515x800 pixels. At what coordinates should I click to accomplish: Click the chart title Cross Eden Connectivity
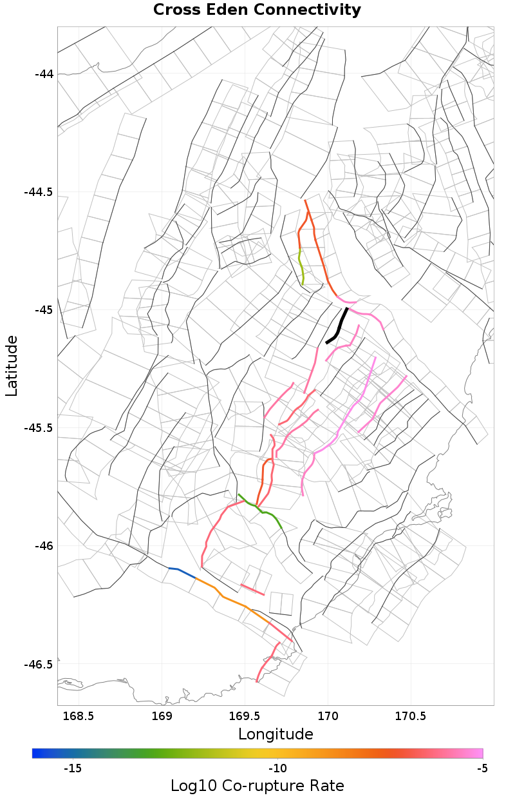tap(257, 10)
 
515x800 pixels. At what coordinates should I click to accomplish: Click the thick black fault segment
tap(337, 327)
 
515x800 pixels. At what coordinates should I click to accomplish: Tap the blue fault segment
tap(182, 572)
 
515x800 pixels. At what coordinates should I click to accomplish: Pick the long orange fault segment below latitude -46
tap(232, 601)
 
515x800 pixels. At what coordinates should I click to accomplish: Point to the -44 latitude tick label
tap(44, 73)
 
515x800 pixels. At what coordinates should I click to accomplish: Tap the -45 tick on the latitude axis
tap(44, 310)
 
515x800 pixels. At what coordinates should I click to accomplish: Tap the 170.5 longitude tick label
tap(411, 716)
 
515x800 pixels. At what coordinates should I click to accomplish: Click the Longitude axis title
tap(276, 734)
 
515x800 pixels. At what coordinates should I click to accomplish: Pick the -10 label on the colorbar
tap(277, 768)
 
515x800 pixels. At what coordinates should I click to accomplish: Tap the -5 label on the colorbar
tap(482, 768)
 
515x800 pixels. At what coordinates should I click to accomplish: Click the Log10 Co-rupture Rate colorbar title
tap(257, 786)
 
